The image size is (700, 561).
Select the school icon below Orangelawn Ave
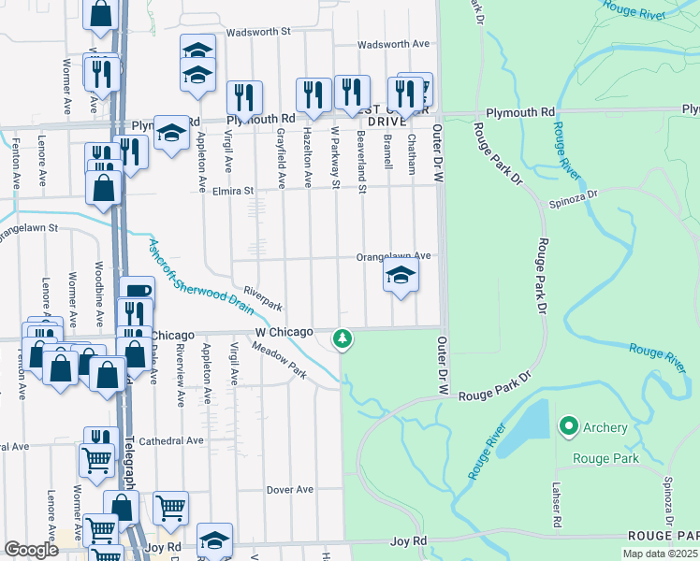click(401, 276)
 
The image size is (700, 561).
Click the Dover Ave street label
click(289, 489)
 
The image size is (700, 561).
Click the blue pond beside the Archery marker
click(524, 428)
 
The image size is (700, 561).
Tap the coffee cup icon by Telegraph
click(137, 291)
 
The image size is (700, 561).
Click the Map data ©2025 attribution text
click(659, 554)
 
